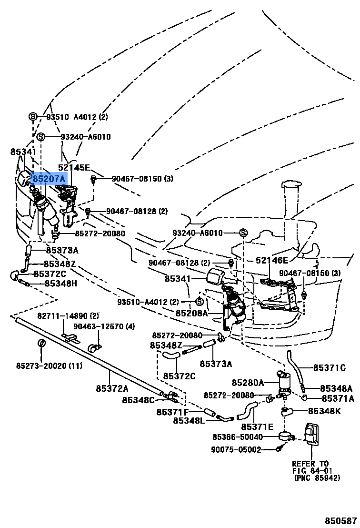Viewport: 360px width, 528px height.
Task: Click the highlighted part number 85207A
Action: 49,179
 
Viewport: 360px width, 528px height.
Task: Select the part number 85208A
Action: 192,313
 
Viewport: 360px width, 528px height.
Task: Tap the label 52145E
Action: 74,167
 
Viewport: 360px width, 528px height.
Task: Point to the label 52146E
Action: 272,260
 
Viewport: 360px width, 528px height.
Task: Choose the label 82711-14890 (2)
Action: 69,316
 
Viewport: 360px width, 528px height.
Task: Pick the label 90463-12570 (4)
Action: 104,326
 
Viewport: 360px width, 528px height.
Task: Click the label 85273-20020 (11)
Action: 49,366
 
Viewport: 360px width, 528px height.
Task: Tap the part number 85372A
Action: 112,388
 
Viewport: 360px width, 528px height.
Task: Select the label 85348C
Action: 139,400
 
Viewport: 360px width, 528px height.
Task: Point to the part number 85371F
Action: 173,411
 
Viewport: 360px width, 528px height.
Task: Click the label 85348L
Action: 189,420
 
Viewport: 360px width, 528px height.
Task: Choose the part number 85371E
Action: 257,426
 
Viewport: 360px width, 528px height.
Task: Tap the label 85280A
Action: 248,382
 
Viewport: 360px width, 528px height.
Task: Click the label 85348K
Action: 324,411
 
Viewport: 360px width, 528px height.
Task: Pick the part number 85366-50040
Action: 238,437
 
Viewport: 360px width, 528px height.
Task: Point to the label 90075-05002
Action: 236,449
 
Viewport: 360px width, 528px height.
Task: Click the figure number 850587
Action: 341,521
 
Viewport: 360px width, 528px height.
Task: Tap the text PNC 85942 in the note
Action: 312,477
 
